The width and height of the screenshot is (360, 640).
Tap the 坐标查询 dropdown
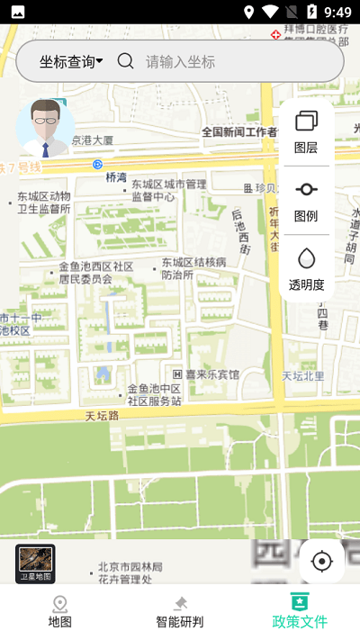click(70, 61)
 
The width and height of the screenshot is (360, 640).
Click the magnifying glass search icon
click(126, 61)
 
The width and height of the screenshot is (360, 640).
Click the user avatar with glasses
click(46, 127)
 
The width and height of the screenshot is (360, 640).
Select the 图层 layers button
click(306, 131)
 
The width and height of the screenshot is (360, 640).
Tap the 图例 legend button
click(306, 200)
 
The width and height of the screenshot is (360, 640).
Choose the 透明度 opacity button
click(306, 269)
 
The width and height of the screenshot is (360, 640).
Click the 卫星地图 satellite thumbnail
click(36, 563)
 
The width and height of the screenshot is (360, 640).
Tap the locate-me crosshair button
click(321, 562)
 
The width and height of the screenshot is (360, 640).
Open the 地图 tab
click(60, 611)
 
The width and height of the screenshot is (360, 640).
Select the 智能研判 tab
click(180, 611)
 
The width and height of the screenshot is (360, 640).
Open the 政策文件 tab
click(300, 611)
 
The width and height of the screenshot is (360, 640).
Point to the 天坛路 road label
click(103, 416)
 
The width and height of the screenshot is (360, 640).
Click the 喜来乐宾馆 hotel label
click(206, 374)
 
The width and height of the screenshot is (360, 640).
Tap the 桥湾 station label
click(116, 177)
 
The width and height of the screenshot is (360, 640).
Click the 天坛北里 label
click(303, 375)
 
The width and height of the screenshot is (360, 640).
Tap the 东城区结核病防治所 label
click(193, 268)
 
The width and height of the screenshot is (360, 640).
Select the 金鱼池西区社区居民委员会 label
click(96, 273)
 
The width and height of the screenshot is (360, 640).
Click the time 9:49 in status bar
click(337, 12)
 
